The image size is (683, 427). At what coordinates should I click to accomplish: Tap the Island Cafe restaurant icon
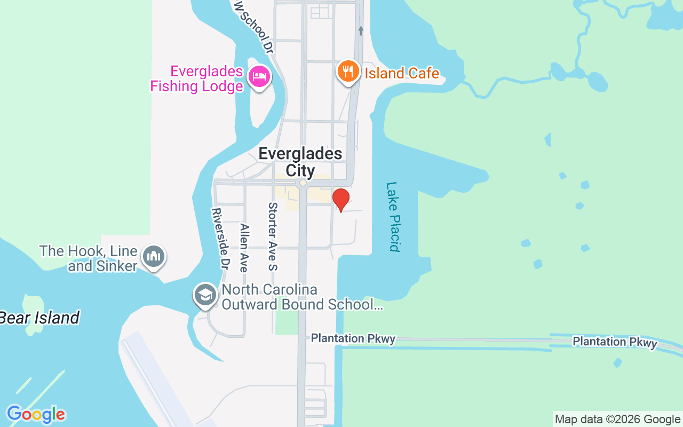point(348,72)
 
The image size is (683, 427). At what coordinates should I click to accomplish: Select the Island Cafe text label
point(402,73)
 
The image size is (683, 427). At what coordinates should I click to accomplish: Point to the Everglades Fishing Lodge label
point(197,78)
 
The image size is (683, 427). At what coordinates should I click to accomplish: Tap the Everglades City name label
point(300,162)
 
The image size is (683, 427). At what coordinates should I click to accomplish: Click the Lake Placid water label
point(393,216)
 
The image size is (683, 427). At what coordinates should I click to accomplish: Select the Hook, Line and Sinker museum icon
point(154,257)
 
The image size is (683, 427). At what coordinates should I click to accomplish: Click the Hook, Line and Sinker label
point(89,258)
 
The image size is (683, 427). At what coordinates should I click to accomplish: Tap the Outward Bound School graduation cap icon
point(205,295)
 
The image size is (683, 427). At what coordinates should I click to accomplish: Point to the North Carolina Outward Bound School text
point(301,297)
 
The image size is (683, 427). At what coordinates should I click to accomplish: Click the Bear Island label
point(39,318)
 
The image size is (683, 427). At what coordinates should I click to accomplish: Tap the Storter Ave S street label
point(273,236)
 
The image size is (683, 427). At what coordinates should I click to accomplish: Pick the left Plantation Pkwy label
point(353,338)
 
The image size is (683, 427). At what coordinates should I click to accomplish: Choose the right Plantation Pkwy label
point(615,342)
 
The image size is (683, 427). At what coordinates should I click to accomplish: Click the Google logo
point(36,414)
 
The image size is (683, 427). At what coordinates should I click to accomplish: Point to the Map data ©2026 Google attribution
point(617,420)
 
